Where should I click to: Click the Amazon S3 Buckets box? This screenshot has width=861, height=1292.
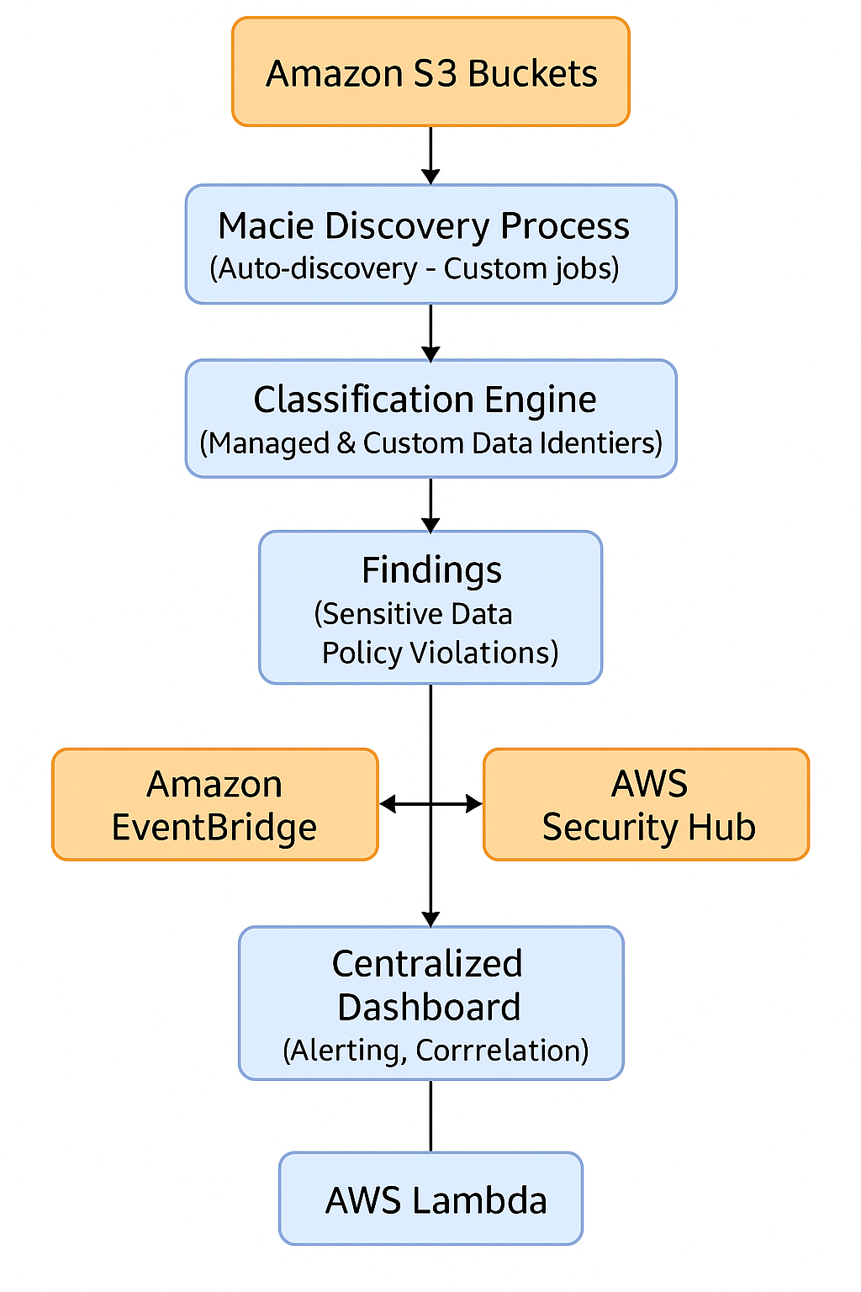pyautogui.click(x=430, y=72)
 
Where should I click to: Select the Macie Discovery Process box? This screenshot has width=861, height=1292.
pyautogui.click(x=430, y=244)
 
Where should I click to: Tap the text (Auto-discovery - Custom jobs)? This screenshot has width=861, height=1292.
pyautogui.click(x=415, y=269)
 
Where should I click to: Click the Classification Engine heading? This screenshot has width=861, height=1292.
pyautogui.click(x=425, y=400)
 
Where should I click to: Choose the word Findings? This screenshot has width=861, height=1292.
pyautogui.click(x=431, y=570)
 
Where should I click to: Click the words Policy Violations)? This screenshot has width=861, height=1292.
pyautogui.click(x=440, y=653)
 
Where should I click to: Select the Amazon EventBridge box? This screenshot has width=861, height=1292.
pyautogui.click(x=214, y=805)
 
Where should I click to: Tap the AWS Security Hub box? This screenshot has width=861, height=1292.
pyautogui.click(x=647, y=805)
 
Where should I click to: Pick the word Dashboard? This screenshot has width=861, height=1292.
pyautogui.click(x=429, y=1008)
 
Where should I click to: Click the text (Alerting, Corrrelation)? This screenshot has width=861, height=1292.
pyautogui.click(x=436, y=1051)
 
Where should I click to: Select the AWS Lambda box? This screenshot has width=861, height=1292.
pyautogui.click(x=430, y=1199)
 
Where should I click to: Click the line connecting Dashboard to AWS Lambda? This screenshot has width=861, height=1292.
pyautogui.click(x=430, y=1116)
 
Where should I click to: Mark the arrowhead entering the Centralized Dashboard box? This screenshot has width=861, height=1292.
pyautogui.click(x=430, y=919)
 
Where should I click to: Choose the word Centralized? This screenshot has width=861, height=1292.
pyautogui.click(x=427, y=964)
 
